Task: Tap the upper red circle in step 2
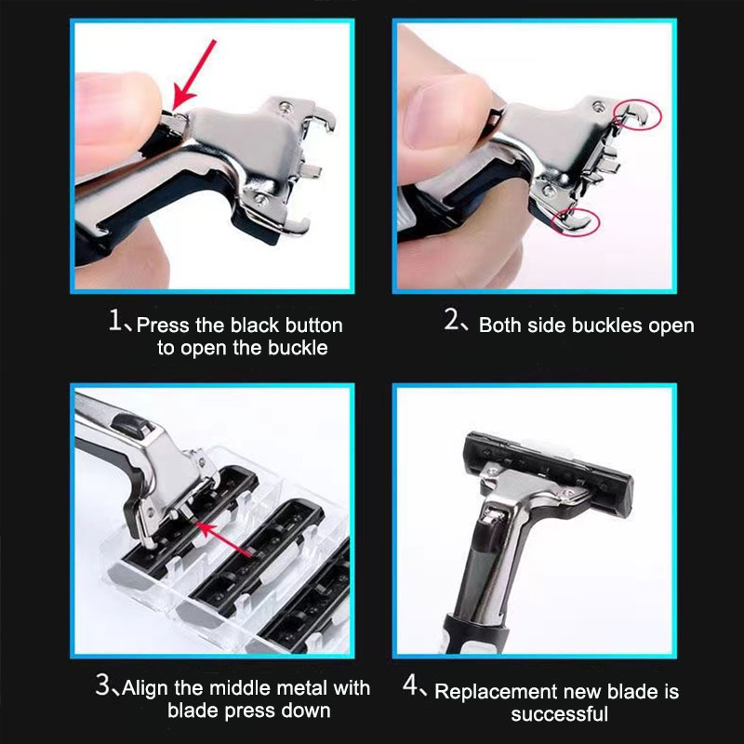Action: [x=639, y=114]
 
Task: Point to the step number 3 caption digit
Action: [x=105, y=687]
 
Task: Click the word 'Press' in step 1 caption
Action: [x=162, y=325]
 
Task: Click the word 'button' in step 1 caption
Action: [x=312, y=325]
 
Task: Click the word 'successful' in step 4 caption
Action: [x=559, y=714]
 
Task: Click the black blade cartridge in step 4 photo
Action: [x=550, y=459]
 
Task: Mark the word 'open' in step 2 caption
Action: [x=669, y=326]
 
